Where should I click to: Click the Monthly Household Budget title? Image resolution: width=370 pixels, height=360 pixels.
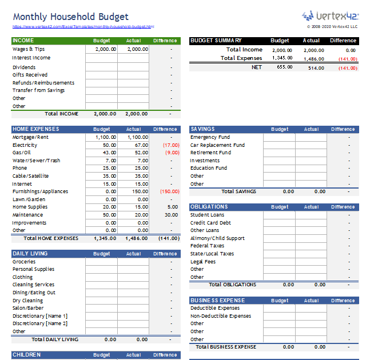click(x=70, y=17)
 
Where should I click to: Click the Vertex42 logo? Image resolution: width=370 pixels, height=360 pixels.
click(x=330, y=15)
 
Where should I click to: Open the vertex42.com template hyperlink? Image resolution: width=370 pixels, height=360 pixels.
click(x=83, y=27)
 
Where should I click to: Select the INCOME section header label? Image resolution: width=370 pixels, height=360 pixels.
click(x=23, y=41)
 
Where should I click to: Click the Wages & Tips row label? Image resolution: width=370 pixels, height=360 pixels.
click(x=29, y=49)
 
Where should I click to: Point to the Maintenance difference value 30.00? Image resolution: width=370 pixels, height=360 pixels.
click(x=172, y=215)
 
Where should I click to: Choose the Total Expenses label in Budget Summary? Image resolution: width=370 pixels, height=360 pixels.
click(x=241, y=58)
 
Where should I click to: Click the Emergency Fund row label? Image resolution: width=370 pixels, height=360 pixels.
click(x=210, y=137)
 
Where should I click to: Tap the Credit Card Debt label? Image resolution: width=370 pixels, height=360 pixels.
click(x=210, y=223)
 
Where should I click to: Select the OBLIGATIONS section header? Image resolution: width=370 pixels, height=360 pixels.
click(x=209, y=207)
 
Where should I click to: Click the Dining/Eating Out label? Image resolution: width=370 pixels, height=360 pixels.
click(x=34, y=293)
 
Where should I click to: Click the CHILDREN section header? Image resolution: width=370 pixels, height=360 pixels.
click(x=26, y=355)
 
